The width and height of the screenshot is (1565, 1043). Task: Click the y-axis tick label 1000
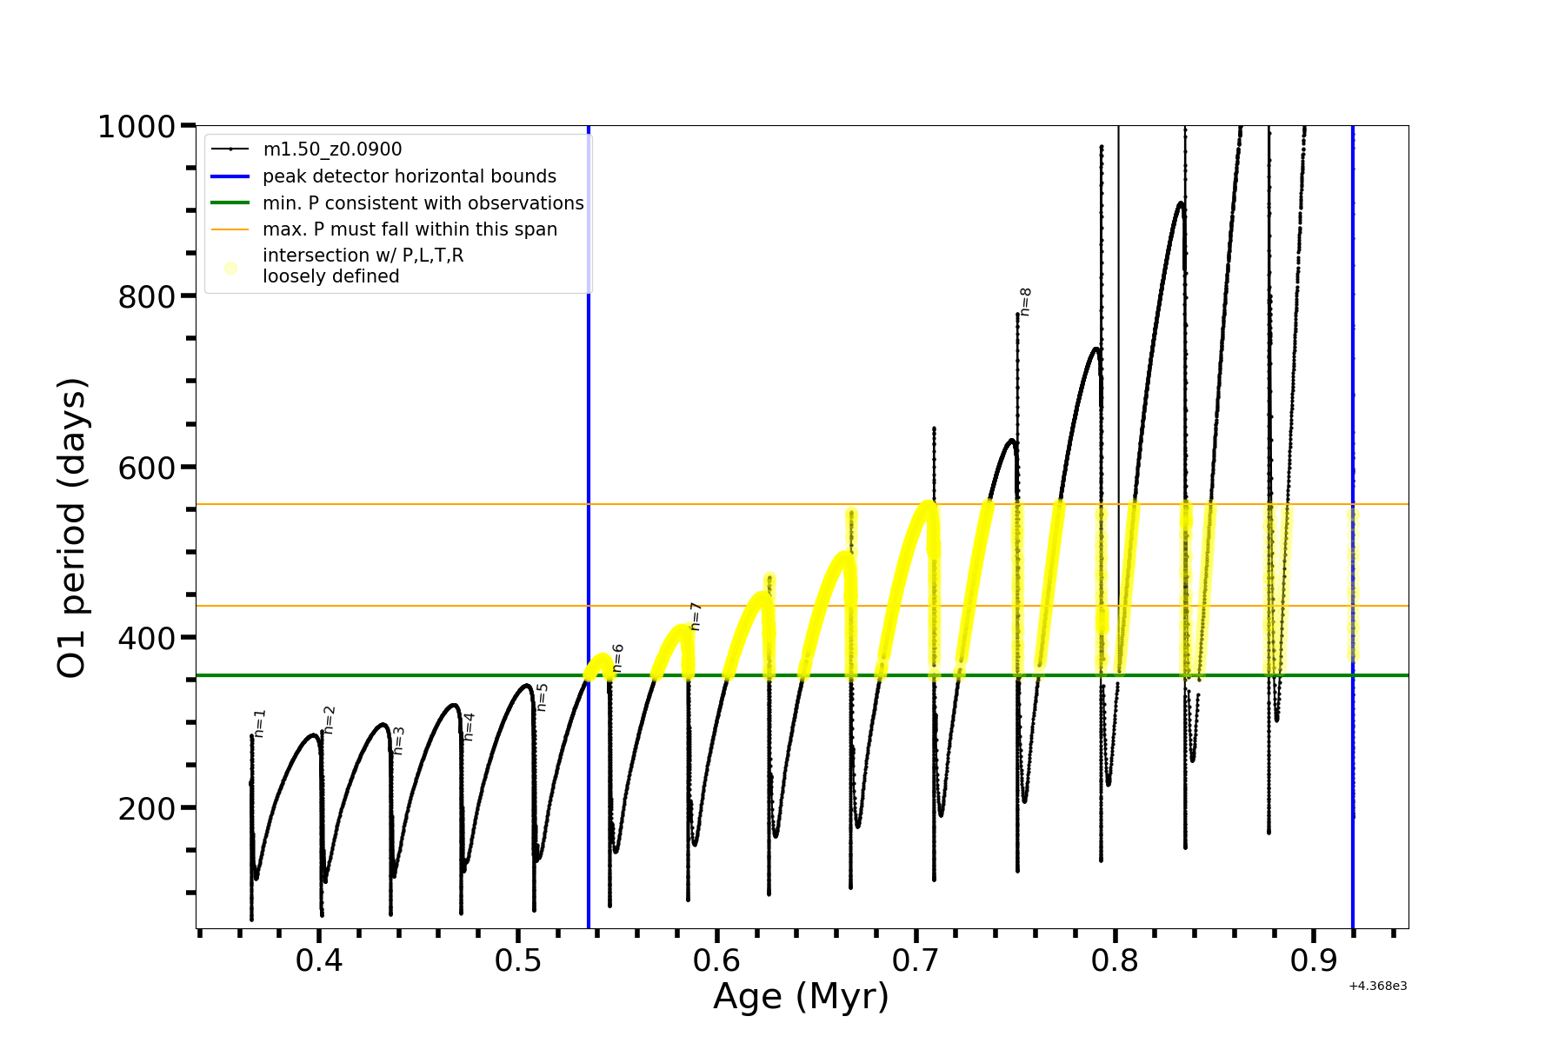tap(137, 128)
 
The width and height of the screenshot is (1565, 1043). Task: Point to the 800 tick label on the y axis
tap(146, 297)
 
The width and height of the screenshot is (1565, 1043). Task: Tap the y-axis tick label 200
tap(146, 809)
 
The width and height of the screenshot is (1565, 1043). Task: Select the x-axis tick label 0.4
tap(319, 960)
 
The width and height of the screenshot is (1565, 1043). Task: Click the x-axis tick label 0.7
tap(916, 960)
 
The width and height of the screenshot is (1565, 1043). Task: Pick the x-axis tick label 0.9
tap(1314, 960)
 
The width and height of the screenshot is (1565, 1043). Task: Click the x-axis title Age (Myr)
tap(801, 996)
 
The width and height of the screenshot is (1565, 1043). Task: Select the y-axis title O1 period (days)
tap(72, 528)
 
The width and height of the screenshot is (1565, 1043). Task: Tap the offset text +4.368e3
tap(1377, 987)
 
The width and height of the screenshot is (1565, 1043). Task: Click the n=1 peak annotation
tap(260, 724)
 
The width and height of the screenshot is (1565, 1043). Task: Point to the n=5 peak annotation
tap(542, 697)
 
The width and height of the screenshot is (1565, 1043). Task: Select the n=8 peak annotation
tap(1025, 302)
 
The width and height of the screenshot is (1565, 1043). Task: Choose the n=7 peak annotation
tap(696, 616)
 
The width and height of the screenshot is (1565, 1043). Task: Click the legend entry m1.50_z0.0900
tap(332, 149)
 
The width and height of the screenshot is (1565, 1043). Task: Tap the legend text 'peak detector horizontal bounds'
tap(409, 176)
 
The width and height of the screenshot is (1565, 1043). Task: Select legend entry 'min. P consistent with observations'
tap(423, 203)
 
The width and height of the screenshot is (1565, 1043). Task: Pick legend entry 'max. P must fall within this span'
tap(410, 229)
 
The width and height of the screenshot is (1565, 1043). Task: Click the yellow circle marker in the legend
tap(230, 268)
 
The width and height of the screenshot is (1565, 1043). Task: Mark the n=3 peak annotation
tap(399, 741)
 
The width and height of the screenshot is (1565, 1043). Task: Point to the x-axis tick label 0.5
tap(518, 960)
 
